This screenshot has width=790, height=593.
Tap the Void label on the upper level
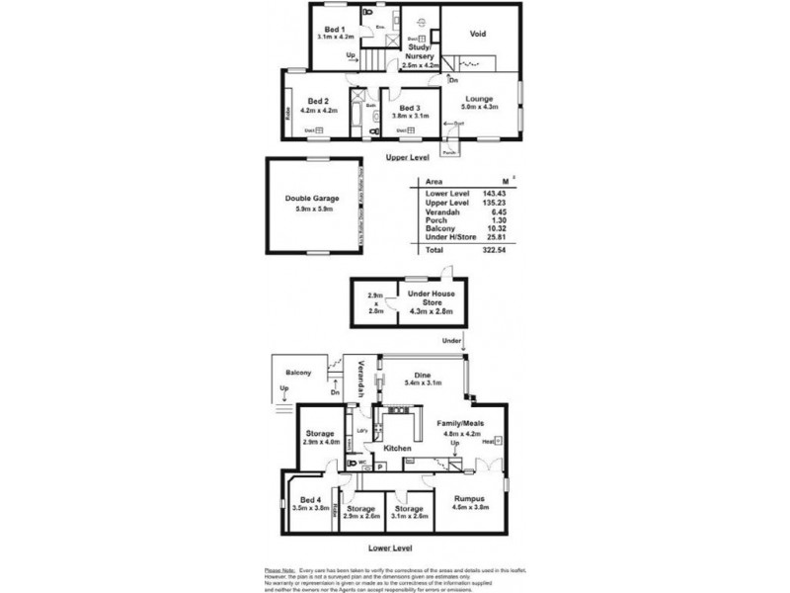[x=477, y=33]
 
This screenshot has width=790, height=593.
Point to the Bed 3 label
[x=411, y=107]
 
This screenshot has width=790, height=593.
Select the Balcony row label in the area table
[x=435, y=228]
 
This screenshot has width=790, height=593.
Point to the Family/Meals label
[x=460, y=423]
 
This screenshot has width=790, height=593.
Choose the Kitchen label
[x=397, y=449]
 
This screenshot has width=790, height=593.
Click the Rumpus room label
[x=470, y=501]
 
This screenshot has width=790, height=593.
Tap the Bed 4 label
[x=311, y=501]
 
